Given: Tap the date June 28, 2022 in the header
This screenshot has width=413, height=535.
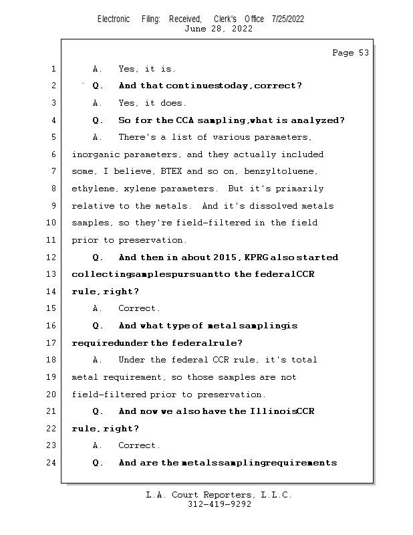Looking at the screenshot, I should click(219, 29).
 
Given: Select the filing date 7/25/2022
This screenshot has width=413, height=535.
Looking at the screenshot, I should click(288, 19).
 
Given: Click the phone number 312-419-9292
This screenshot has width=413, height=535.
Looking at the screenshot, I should click(219, 504).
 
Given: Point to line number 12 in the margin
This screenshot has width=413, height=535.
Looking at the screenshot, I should click(53, 257).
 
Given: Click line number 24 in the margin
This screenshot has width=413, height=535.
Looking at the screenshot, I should click(53, 463).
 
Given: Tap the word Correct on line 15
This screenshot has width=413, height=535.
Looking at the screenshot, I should click(139, 309).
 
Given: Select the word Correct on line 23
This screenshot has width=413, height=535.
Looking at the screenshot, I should click(139, 445).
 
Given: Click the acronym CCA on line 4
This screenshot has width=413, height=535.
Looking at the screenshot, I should click(184, 121).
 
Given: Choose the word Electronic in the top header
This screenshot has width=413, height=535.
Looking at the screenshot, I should click(114, 19).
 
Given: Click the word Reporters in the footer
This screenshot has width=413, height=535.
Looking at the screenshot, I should click(227, 496).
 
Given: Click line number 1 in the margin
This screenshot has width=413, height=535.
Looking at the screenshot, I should click(53, 69).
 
